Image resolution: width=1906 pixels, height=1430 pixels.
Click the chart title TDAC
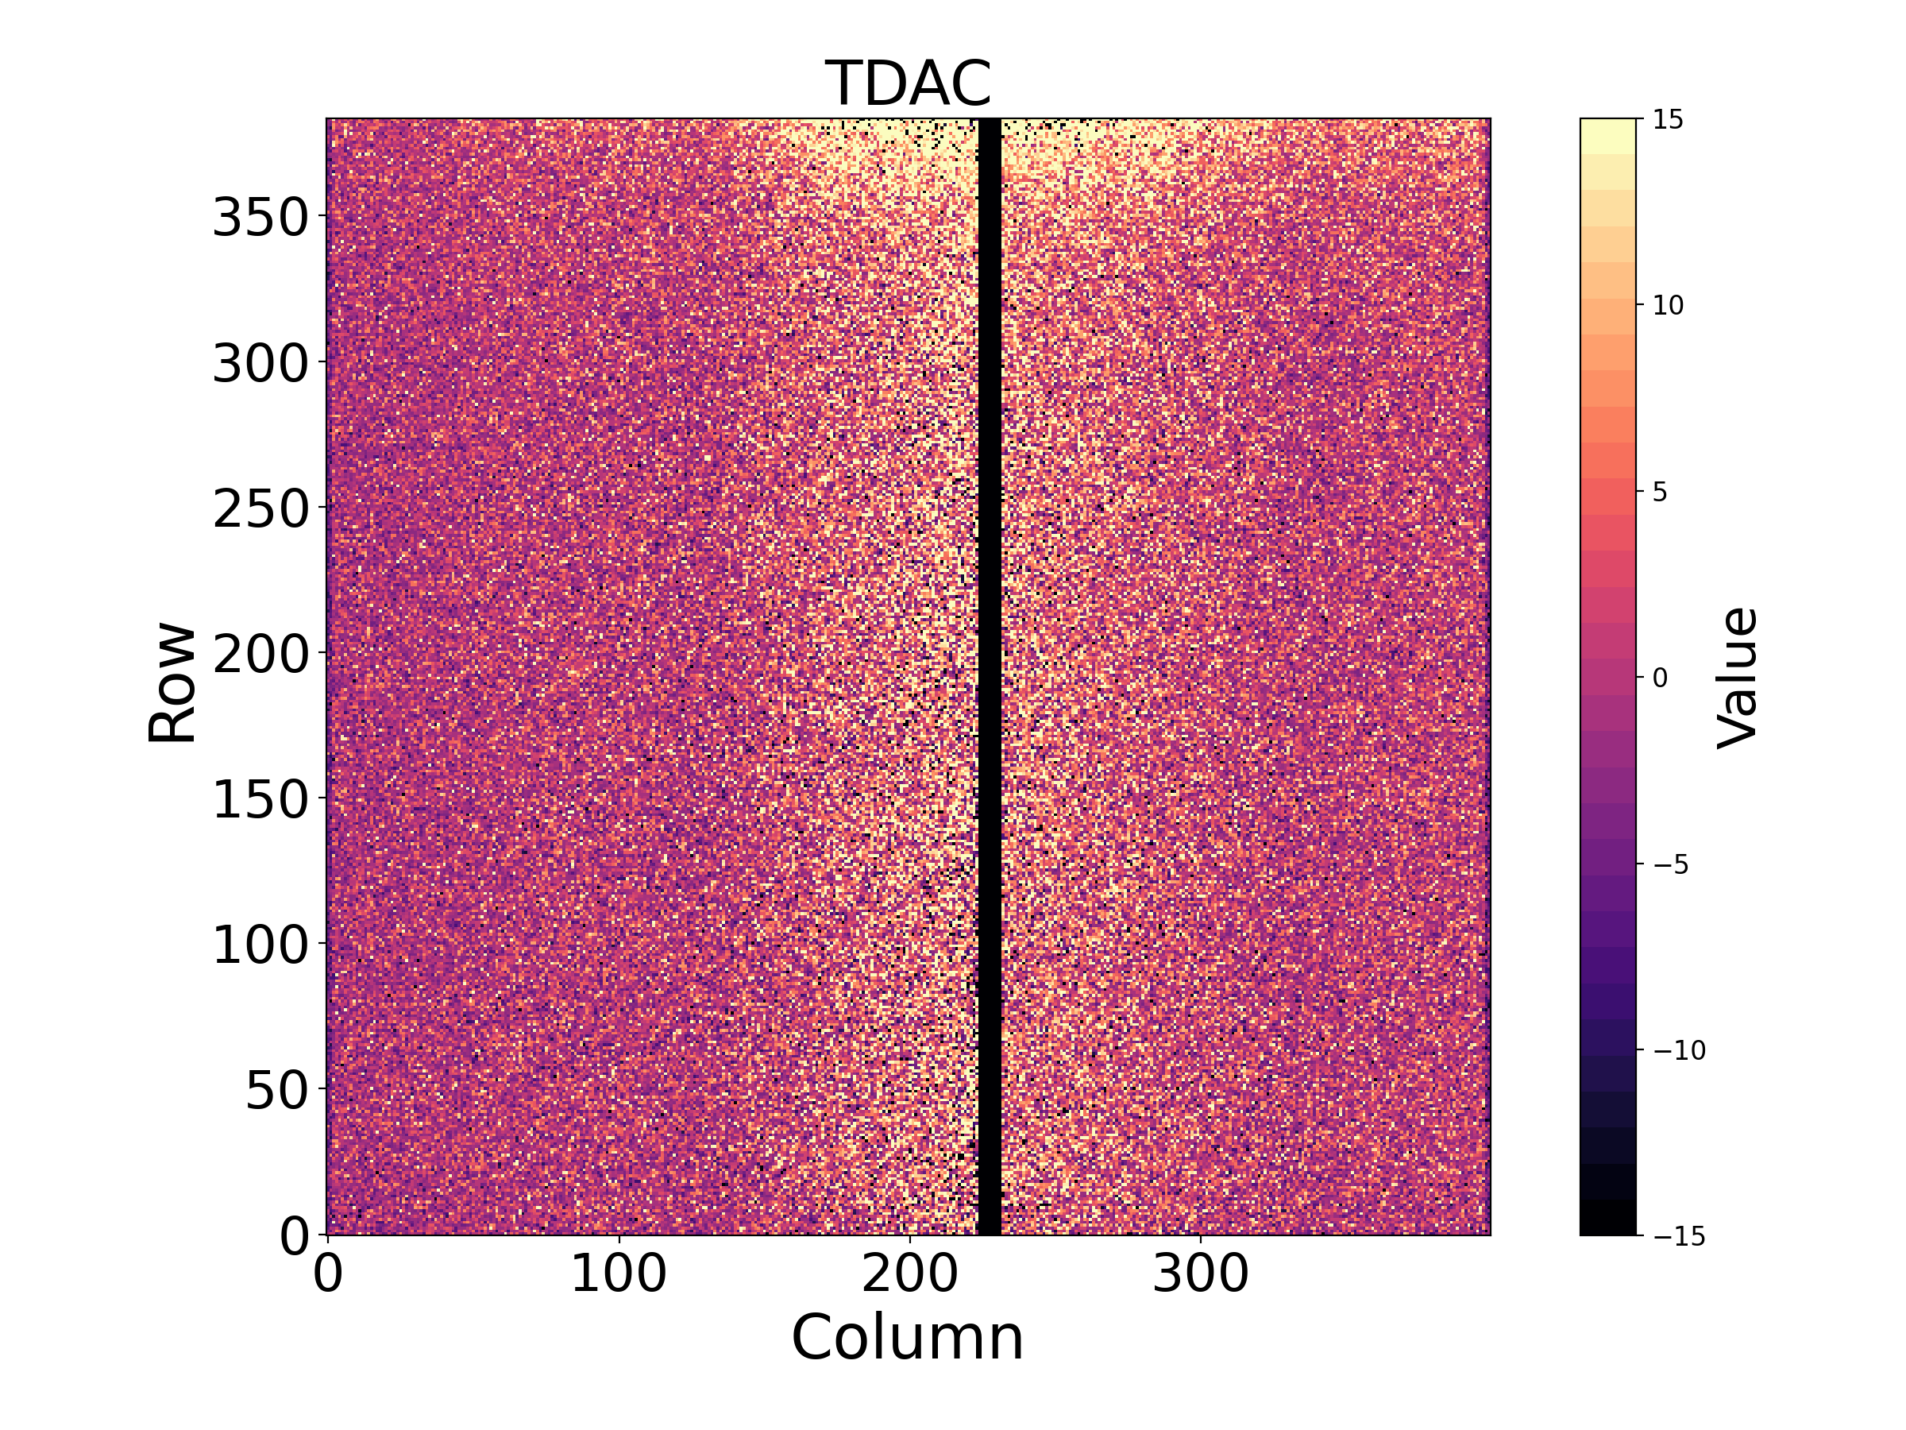[x=909, y=83]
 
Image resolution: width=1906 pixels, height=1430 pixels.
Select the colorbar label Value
[x=1737, y=678]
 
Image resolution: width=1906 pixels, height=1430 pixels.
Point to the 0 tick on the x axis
[x=327, y=1274]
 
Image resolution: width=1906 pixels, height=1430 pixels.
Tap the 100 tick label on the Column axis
[x=619, y=1274]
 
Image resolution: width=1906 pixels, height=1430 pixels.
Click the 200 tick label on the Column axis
[x=909, y=1274]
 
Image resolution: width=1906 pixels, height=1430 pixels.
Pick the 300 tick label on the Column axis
[x=1200, y=1274]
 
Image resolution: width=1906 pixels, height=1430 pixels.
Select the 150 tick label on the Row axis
[x=260, y=800]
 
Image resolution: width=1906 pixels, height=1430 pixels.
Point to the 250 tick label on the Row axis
[x=260, y=508]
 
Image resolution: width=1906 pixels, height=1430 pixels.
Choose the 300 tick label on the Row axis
[x=260, y=363]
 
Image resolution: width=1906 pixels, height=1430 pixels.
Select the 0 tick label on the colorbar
[x=1661, y=678]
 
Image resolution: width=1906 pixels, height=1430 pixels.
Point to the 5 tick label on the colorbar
[x=1661, y=493]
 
